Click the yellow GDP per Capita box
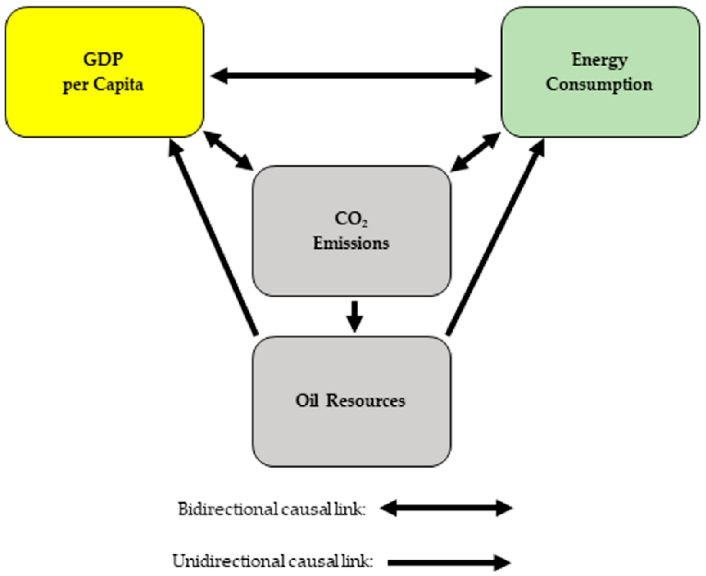(104, 110)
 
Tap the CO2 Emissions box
(352, 265)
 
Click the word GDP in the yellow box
(103, 60)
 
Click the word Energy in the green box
(600, 60)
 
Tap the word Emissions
(351, 243)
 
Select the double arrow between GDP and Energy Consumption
(351, 76)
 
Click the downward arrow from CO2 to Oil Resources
(354, 316)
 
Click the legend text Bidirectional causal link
(271, 509)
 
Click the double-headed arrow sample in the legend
(446, 508)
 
